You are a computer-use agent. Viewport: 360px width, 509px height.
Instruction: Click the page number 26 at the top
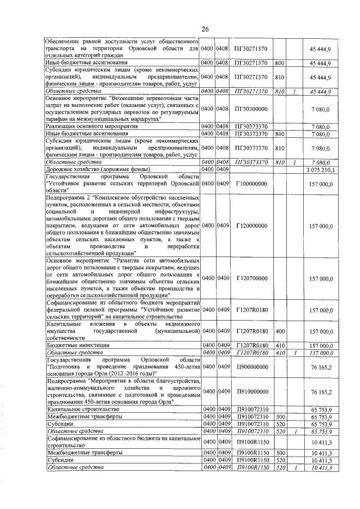pyautogui.click(x=205, y=29)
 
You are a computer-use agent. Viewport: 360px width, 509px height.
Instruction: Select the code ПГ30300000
pyautogui.click(x=251, y=109)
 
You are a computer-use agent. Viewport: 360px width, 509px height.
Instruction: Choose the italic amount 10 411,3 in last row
pyautogui.click(x=321, y=468)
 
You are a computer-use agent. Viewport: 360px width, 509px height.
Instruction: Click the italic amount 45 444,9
pyautogui.click(x=321, y=91)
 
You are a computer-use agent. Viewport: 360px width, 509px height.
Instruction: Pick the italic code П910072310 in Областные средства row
pyautogui.click(x=251, y=431)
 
